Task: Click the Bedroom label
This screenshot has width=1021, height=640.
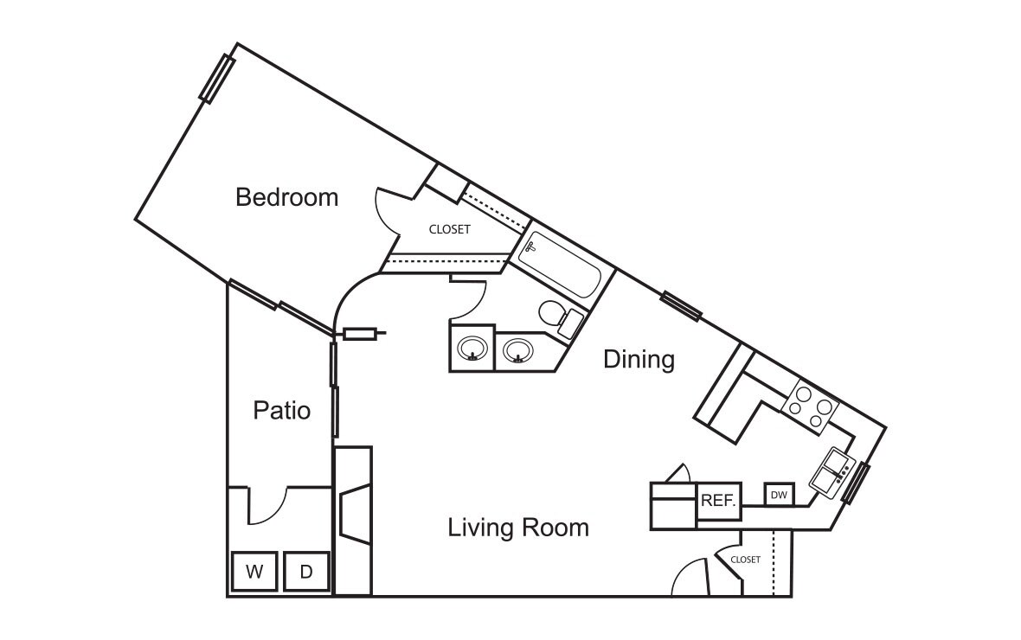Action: click(x=286, y=197)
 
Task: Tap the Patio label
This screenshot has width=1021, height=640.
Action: click(x=281, y=409)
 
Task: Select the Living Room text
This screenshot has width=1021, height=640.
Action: click(x=517, y=527)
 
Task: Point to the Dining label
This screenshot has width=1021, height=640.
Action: click(x=639, y=359)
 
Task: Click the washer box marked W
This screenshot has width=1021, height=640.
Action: click(x=254, y=572)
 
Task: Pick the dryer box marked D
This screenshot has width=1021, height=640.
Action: click(x=305, y=572)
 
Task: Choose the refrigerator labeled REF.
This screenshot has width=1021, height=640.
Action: click(x=718, y=501)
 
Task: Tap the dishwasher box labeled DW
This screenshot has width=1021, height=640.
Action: click(x=779, y=496)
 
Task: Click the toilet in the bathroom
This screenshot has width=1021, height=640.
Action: click(x=562, y=317)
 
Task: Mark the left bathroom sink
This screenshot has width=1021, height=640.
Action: click(x=472, y=349)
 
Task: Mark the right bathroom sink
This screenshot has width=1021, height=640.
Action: click(x=517, y=350)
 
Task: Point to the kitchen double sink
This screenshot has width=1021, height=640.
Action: click(x=831, y=472)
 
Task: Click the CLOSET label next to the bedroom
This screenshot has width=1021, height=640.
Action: click(x=450, y=229)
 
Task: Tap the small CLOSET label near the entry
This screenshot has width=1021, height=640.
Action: click(x=745, y=560)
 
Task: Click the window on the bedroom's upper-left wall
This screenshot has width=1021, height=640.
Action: click(x=217, y=79)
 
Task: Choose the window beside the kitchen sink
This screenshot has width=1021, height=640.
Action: click(x=856, y=483)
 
